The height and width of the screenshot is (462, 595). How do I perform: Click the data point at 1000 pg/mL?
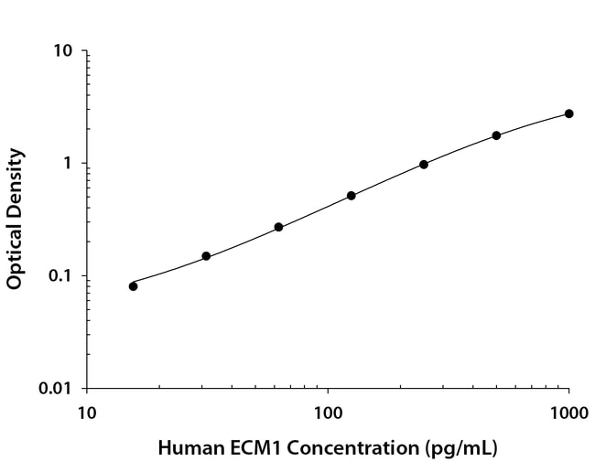pos(568,113)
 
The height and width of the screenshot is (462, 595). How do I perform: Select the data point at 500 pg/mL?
pos(496,135)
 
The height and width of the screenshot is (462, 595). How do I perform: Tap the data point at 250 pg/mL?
pos(424,165)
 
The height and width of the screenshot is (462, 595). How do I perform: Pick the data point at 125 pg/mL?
pos(352,196)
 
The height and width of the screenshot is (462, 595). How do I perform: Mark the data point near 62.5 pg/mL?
pos(278,227)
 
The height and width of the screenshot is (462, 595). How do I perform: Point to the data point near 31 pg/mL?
pos(206,256)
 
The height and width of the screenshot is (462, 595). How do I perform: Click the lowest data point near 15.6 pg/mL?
pos(134,286)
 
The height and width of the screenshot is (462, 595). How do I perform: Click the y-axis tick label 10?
pos(63,51)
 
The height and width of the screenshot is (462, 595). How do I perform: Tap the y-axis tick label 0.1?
pos(59,276)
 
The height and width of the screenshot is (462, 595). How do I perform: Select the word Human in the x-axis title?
pos(185,448)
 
